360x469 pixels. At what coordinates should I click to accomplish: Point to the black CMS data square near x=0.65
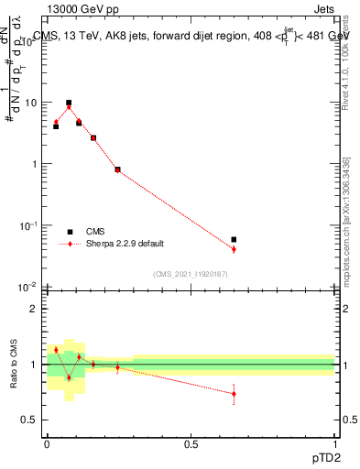pos(234,239)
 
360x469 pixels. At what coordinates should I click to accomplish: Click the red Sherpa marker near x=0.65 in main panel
pos(234,249)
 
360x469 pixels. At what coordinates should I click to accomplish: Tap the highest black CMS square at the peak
pos(69,103)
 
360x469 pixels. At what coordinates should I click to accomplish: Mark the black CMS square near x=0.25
pos(117,169)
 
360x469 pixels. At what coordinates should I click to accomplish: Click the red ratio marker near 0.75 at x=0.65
pos(234,394)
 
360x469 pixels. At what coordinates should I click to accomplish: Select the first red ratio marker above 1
pos(56,350)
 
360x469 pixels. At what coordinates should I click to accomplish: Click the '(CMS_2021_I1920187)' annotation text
pos(191,273)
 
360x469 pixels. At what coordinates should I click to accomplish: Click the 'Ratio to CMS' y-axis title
pos(14,365)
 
